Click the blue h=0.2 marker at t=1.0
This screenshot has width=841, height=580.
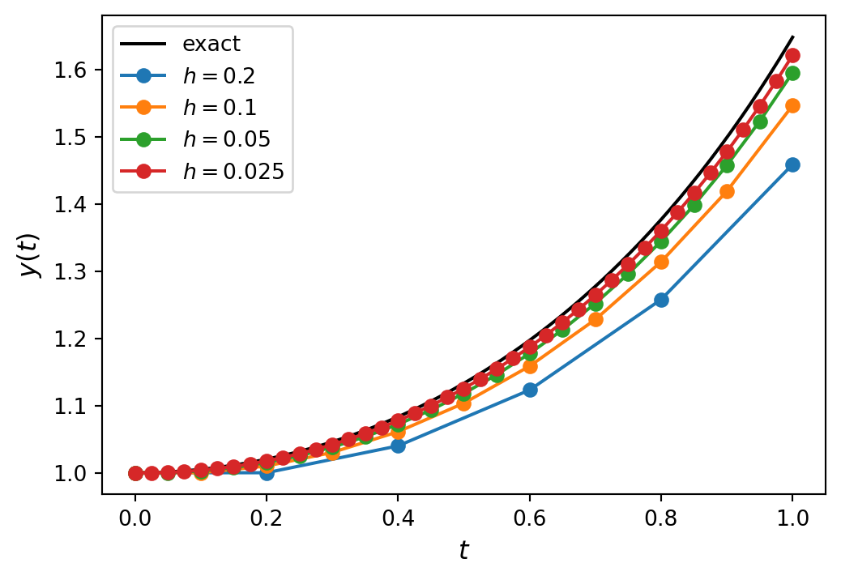[792, 164]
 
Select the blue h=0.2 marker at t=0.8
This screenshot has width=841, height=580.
[661, 300]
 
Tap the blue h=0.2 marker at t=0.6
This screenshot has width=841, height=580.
[530, 390]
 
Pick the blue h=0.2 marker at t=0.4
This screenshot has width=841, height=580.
[398, 446]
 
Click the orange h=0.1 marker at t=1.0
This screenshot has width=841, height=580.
[792, 105]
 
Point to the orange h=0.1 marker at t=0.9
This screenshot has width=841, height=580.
[727, 192]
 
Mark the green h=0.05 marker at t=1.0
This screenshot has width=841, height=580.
[792, 73]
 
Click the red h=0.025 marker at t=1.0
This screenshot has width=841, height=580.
[792, 55]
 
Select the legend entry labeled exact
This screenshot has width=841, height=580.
[211, 43]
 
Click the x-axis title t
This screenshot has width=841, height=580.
[463, 551]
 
